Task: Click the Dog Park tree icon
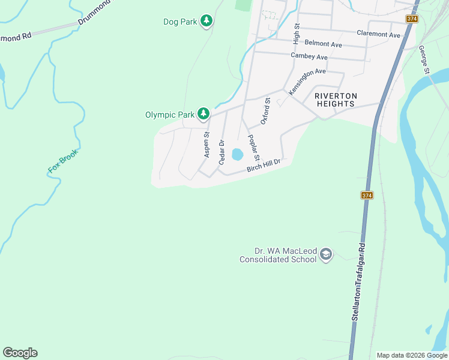point(206,22)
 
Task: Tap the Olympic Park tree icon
point(203,113)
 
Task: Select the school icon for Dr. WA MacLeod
point(326,254)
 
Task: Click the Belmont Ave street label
point(323,44)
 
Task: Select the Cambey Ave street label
point(309,56)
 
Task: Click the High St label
point(296,34)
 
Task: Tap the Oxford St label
point(265,112)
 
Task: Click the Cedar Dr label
point(221,152)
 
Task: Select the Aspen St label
point(206,145)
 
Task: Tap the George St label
point(424,60)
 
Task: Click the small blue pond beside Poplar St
point(237,155)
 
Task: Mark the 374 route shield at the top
point(412,19)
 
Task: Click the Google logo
point(20,353)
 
